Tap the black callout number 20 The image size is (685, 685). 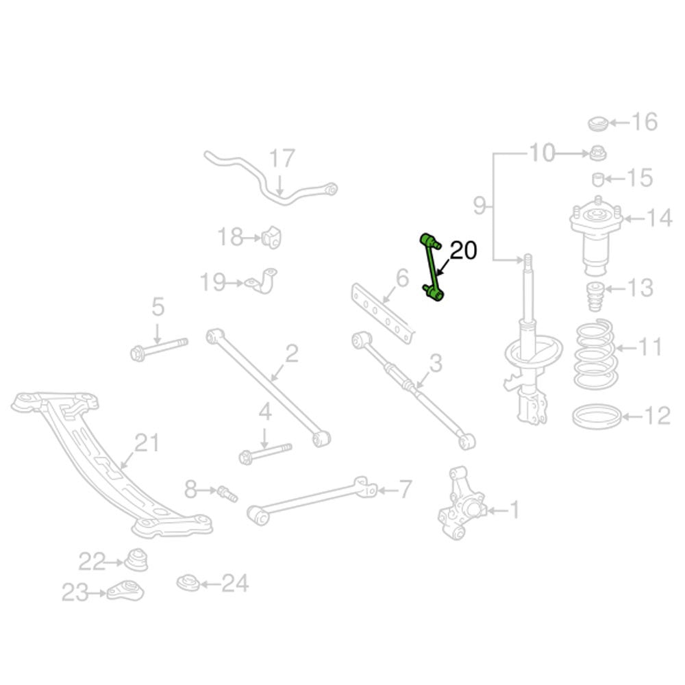coord(462,251)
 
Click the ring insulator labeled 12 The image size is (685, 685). coord(597,416)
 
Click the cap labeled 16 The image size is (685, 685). coord(599,124)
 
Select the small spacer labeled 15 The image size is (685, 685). coord(597,179)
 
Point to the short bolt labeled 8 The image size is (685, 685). coord(227,492)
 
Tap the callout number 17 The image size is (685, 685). coord(281,159)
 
